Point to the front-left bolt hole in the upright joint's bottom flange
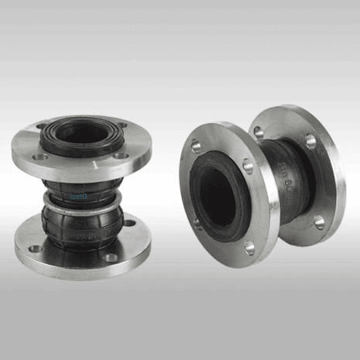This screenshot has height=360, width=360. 35,249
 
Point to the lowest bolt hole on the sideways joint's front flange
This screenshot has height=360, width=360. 249,248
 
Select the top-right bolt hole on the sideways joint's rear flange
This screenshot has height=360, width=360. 311,142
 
